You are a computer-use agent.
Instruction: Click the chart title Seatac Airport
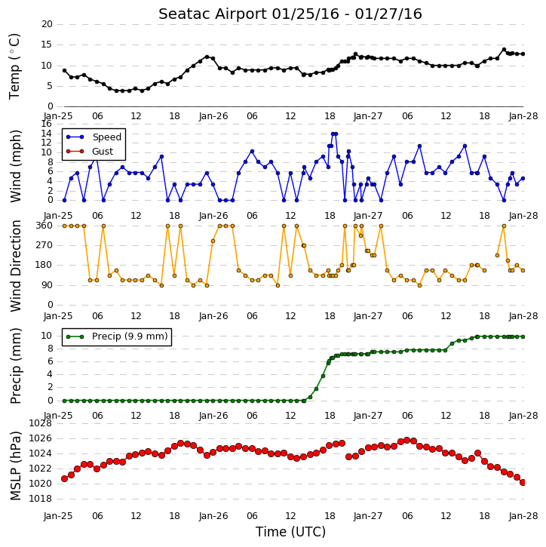click(x=213, y=14)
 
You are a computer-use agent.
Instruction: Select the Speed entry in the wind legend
click(x=106, y=137)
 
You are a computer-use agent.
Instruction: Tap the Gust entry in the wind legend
click(x=103, y=152)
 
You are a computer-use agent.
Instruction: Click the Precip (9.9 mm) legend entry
click(x=130, y=336)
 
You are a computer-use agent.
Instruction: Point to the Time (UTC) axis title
click(x=290, y=532)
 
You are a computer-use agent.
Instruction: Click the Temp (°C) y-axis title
click(x=14, y=66)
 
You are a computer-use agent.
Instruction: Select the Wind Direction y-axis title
click(x=16, y=266)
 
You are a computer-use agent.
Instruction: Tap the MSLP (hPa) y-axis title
click(x=16, y=466)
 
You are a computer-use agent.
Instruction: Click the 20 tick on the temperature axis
click(x=47, y=24)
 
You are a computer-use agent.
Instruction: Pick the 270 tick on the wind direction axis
click(x=44, y=245)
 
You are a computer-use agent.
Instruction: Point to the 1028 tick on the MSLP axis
click(x=40, y=423)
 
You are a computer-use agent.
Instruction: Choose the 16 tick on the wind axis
click(x=46, y=124)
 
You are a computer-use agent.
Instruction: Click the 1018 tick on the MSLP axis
click(x=40, y=499)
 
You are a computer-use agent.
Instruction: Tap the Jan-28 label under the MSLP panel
click(x=523, y=516)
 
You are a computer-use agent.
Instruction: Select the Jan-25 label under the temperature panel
click(x=58, y=116)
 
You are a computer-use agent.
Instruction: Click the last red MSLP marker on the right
click(x=523, y=482)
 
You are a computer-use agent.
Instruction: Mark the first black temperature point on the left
click(x=65, y=70)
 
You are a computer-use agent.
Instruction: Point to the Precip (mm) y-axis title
click(x=16, y=366)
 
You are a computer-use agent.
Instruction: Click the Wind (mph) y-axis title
click(x=16, y=167)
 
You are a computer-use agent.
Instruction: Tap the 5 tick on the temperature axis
click(x=50, y=86)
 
